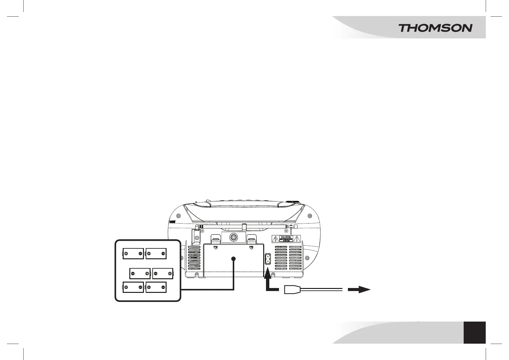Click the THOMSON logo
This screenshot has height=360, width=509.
[435, 28]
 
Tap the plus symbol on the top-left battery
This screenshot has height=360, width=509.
[126, 254]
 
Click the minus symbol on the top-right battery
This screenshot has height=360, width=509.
[163, 254]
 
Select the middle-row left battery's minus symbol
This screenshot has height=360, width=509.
[133, 274]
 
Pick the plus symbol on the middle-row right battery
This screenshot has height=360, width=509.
[170, 274]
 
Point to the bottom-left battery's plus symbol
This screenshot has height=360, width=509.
[126, 287]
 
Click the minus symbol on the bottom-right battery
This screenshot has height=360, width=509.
[163, 287]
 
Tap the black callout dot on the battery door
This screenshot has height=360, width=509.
[233, 259]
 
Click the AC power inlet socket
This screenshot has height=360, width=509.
[267, 259]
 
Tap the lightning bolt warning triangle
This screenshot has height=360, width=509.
[276, 240]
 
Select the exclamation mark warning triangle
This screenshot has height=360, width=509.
[297, 239]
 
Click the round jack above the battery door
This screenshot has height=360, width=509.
[233, 237]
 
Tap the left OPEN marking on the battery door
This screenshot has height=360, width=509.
[216, 247]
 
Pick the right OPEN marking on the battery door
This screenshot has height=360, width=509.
[251, 247]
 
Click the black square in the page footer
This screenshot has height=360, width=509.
[475, 332]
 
